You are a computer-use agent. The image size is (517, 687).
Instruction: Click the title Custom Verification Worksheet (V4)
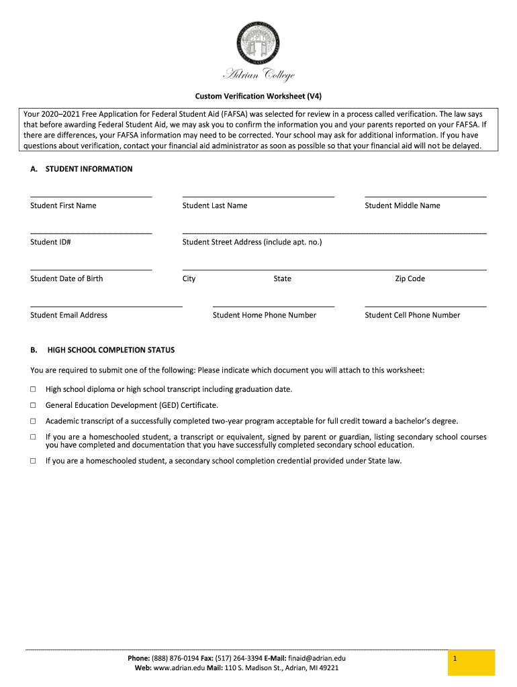[x=258, y=96]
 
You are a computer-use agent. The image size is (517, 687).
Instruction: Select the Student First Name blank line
[x=91, y=195]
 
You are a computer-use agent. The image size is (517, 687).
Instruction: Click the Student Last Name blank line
[x=258, y=195]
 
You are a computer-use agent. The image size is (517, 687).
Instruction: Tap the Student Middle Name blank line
[x=425, y=195]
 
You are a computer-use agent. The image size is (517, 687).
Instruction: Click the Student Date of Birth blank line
[x=91, y=268]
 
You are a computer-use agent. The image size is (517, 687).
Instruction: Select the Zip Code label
[x=410, y=279]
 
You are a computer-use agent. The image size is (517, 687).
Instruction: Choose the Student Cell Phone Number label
[x=412, y=315]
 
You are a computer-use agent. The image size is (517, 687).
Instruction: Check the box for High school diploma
[x=33, y=389]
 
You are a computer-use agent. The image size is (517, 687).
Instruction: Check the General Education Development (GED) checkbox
[x=33, y=405]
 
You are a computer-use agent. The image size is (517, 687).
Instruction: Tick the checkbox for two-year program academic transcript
[x=33, y=421]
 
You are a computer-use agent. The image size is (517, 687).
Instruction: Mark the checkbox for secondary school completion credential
[x=33, y=461]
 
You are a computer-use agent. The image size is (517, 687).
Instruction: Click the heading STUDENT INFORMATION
[x=89, y=169]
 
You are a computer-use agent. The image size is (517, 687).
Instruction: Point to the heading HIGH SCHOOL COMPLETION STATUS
[x=111, y=350]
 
